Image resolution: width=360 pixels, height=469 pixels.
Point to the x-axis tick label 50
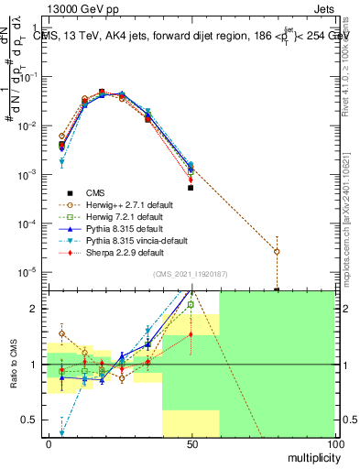pos(191,443)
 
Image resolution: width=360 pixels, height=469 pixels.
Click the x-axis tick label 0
pos(49,443)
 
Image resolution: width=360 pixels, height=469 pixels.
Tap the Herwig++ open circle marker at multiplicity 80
pos(277,251)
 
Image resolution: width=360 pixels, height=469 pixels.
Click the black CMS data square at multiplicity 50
pos(191,187)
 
